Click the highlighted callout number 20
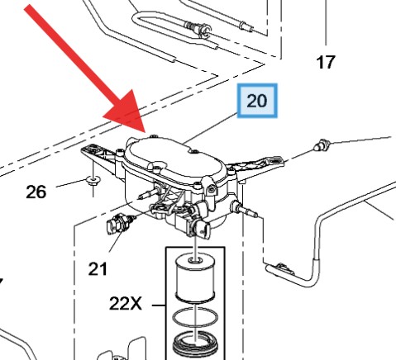(x=257, y=101)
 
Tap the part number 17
(x=326, y=62)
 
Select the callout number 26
(x=36, y=192)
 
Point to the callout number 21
(x=98, y=269)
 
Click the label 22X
(x=126, y=304)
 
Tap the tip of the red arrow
(x=146, y=132)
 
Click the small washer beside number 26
(x=93, y=181)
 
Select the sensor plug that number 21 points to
(x=119, y=225)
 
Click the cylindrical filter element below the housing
(x=195, y=277)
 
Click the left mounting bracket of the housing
(x=99, y=159)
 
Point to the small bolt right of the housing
(x=322, y=145)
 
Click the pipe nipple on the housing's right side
(x=244, y=209)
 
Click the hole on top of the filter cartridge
(x=194, y=259)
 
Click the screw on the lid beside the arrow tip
(x=152, y=136)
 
